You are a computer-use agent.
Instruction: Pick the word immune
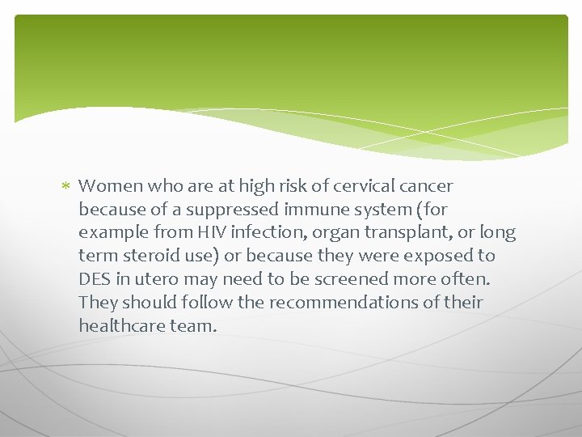click(x=313, y=210)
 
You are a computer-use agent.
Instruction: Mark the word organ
click(x=331, y=233)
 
